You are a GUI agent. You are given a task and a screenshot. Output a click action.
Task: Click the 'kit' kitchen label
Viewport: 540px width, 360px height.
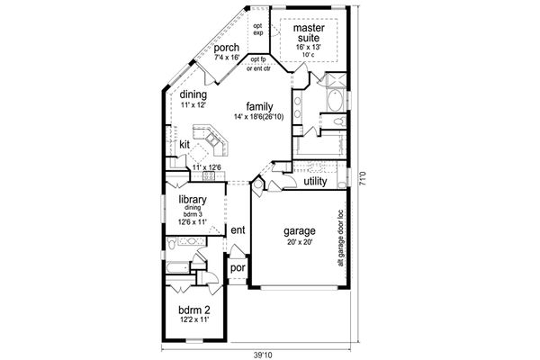click(x=184, y=143)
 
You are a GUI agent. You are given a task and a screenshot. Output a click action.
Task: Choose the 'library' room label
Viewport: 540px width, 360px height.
click(x=193, y=200)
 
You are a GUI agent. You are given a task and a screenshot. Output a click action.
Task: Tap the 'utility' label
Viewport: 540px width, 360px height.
click(x=315, y=182)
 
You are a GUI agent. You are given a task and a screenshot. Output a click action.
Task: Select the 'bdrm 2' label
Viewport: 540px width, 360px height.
click(x=194, y=310)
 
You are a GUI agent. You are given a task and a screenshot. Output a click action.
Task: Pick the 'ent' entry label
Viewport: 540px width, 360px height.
click(x=238, y=230)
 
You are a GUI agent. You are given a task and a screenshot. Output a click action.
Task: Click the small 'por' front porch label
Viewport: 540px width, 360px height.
click(x=238, y=268)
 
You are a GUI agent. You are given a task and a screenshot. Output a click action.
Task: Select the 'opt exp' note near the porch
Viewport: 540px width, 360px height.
click(x=257, y=30)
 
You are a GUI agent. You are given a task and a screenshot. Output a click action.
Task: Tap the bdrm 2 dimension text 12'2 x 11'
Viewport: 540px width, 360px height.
click(x=194, y=321)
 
